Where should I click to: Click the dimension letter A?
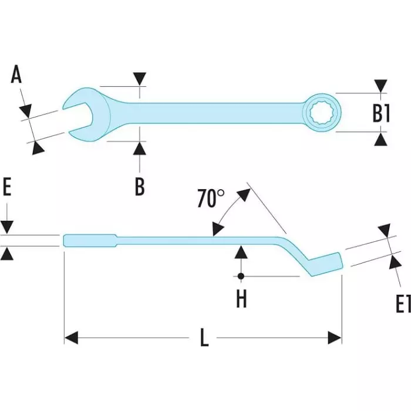click(16, 75)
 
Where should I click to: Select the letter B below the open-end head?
click(140, 186)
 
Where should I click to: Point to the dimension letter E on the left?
click(7, 188)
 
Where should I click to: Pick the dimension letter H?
click(241, 299)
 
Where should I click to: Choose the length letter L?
click(204, 338)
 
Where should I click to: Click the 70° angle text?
click(210, 199)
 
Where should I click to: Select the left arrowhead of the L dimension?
click(70, 338)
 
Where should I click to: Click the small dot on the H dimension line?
click(241, 275)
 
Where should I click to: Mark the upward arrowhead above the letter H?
click(241, 252)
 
